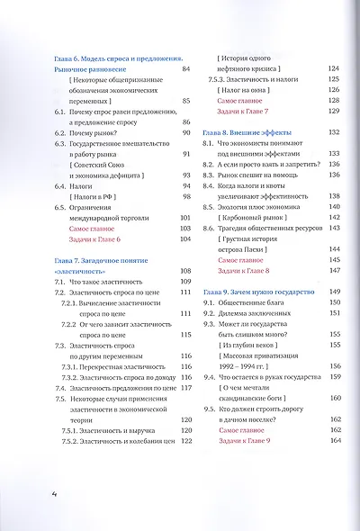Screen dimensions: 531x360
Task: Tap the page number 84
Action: click(186, 68)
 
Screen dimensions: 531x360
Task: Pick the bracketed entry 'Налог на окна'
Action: click(245, 103)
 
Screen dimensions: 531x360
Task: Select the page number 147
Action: click(336, 268)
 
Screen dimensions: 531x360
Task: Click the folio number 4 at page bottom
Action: click(29, 494)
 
